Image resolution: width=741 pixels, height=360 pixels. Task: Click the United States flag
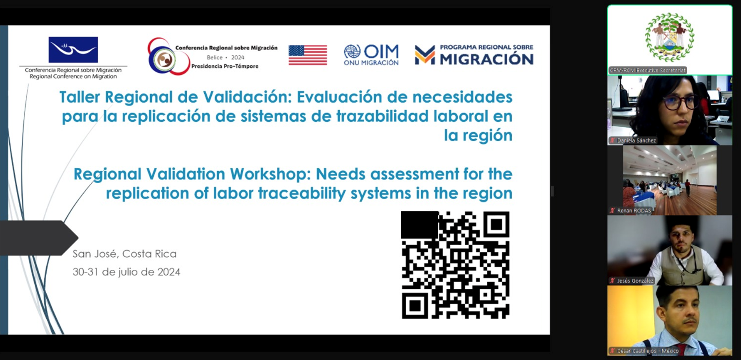(307, 55)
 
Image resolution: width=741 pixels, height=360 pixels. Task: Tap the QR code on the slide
(455, 265)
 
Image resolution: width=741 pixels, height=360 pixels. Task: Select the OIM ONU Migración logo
(371, 55)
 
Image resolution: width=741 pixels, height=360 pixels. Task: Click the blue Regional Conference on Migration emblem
(73, 50)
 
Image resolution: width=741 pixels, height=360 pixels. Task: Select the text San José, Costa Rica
(125, 254)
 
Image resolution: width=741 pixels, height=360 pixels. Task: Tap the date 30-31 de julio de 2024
(126, 272)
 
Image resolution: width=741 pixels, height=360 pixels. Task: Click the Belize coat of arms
(669, 37)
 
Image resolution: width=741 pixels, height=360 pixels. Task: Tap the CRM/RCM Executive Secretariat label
(648, 70)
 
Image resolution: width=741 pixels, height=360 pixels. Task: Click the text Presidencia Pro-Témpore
(225, 66)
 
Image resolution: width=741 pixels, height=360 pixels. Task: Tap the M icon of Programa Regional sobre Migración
(425, 55)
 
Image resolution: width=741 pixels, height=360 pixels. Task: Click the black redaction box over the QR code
(420, 225)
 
